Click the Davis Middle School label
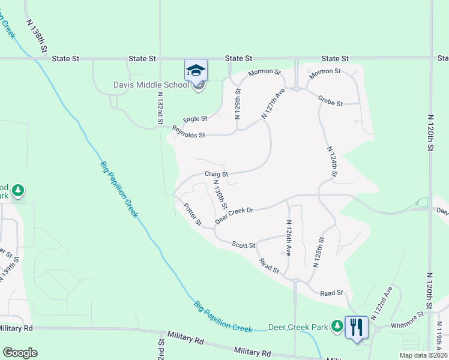pyautogui.click(x=151, y=85)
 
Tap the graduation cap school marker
pyautogui.click(x=196, y=71)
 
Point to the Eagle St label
pyautogui.click(x=195, y=120)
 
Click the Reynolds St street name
pyautogui.click(x=188, y=132)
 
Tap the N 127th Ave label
pyautogui.click(x=273, y=103)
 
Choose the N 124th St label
pyautogui.click(x=332, y=161)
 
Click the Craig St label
pyautogui.click(x=217, y=174)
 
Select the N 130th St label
pyautogui.click(x=220, y=196)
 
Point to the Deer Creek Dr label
pyautogui.click(x=235, y=215)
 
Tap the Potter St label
pyautogui.click(x=193, y=214)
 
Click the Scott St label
pyautogui.click(x=244, y=245)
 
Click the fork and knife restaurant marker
pyautogui.click(x=357, y=327)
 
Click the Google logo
pyautogui.click(x=20, y=353)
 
